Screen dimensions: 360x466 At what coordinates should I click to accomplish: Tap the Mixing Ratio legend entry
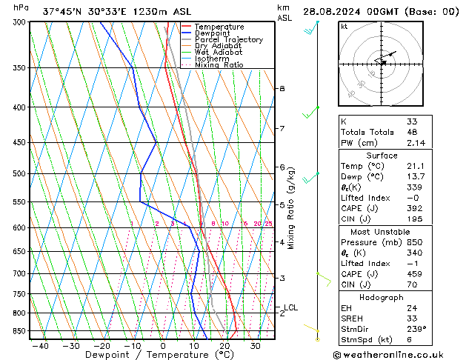[x=219, y=65]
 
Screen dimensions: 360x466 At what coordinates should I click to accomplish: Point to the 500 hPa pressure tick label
[x=19, y=174]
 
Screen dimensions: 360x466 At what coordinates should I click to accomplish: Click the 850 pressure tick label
[x=19, y=331]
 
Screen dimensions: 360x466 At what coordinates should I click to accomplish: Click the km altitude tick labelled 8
[x=282, y=89]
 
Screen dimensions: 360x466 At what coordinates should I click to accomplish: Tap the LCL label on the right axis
[x=291, y=307]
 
